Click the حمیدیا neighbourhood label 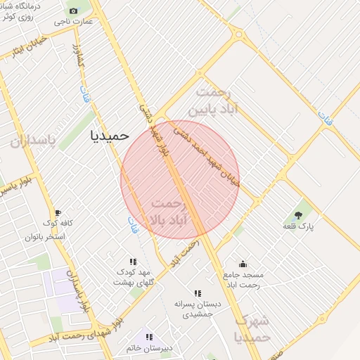[x=110, y=136]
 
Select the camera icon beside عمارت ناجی [x=74, y=11]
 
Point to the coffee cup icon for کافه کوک [x=58, y=213]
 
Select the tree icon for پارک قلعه [x=299, y=215]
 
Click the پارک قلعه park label [x=299, y=226]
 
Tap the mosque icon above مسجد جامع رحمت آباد [x=243, y=264]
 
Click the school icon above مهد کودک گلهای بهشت [x=133, y=262]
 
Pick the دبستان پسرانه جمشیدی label [x=198, y=309]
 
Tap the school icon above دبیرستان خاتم [x=149, y=337]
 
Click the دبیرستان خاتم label [x=149, y=348]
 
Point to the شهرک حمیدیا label [x=252, y=329]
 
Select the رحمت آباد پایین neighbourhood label [x=217, y=102]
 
